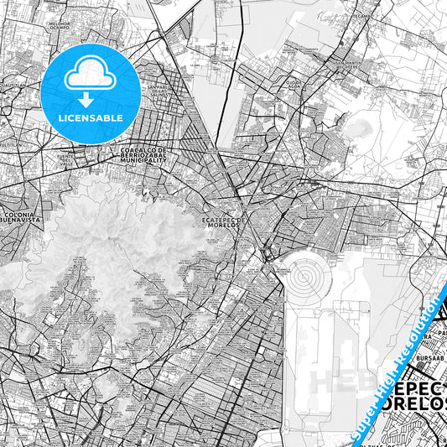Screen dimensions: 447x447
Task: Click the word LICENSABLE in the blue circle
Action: click(91, 117)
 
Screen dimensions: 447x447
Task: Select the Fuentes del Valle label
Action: click(64, 159)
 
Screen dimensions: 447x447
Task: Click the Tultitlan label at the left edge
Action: click(11, 144)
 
